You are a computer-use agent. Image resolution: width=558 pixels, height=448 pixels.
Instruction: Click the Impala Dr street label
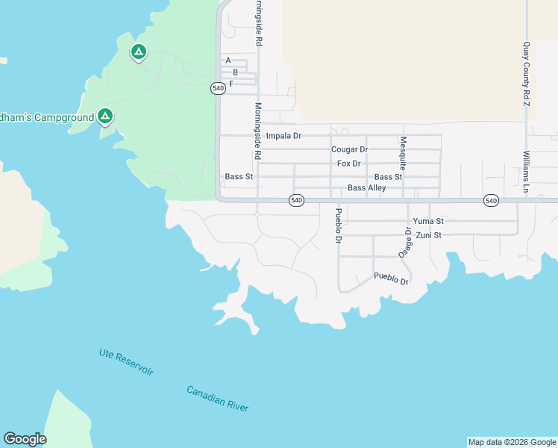pyautogui.click(x=283, y=136)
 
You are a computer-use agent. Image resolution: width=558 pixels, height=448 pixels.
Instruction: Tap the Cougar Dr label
pyautogui.click(x=349, y=149)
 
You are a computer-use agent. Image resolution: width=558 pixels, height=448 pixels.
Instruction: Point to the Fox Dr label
pyautogui.click(x=348, y=164)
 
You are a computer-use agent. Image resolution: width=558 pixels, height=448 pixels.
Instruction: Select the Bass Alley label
pyautogui.click(x=366, y=188)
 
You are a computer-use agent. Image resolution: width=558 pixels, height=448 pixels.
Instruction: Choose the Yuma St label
pyautogui.click(x=428, y=221)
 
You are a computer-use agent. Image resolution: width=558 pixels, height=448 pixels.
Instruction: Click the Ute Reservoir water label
pyautogui.click(x=126, y=362)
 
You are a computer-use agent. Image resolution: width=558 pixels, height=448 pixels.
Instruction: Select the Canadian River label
pyautogui.click(x=217, y=399)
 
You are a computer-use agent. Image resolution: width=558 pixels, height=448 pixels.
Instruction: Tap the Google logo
pyautogui.click(x=25, y=439)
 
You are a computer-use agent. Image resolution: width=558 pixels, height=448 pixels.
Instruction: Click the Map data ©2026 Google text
pyautogui.click(x=512, y=442)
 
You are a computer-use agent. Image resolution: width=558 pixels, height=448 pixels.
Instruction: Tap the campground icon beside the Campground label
pyautogui.click(x=105, y=116)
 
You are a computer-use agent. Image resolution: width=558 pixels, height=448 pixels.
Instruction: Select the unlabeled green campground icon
pyautogui.click(x=137, y=52)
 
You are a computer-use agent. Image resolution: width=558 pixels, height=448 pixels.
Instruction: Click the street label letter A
pyautogui.click(x=228, y=60)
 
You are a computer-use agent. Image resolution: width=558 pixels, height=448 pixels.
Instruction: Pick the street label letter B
pyautogui.click(x=235, y=72)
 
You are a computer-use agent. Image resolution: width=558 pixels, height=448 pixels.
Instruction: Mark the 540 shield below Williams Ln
pyautogui.click(x=491, y=201)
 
